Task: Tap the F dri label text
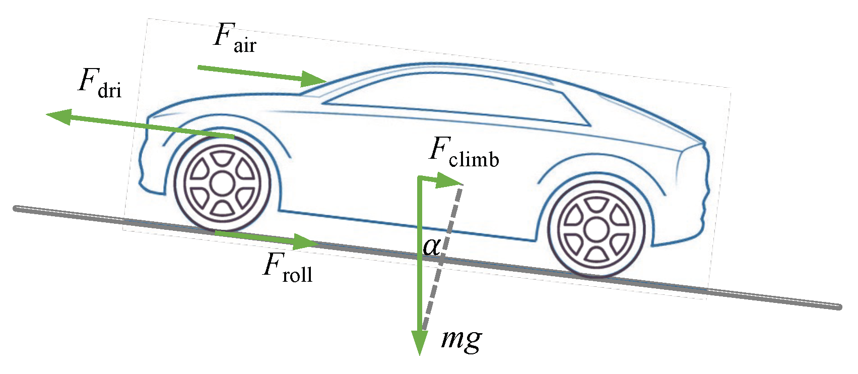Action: pos(100,83)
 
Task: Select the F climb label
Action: pos(464,153)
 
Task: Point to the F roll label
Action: pos(288,267)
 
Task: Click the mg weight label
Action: pos(461,339)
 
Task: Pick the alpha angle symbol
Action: pos(432,246)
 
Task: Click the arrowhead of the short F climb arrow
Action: pos(449,180)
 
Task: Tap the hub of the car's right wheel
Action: pos(596,230)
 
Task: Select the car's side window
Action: pos(453,98)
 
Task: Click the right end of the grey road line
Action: pos(838,306)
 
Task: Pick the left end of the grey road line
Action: pos(16,208)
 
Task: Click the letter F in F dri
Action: pos(88,79)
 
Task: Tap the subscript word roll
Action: pos(298,274)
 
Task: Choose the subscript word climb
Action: pos(474,159)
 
